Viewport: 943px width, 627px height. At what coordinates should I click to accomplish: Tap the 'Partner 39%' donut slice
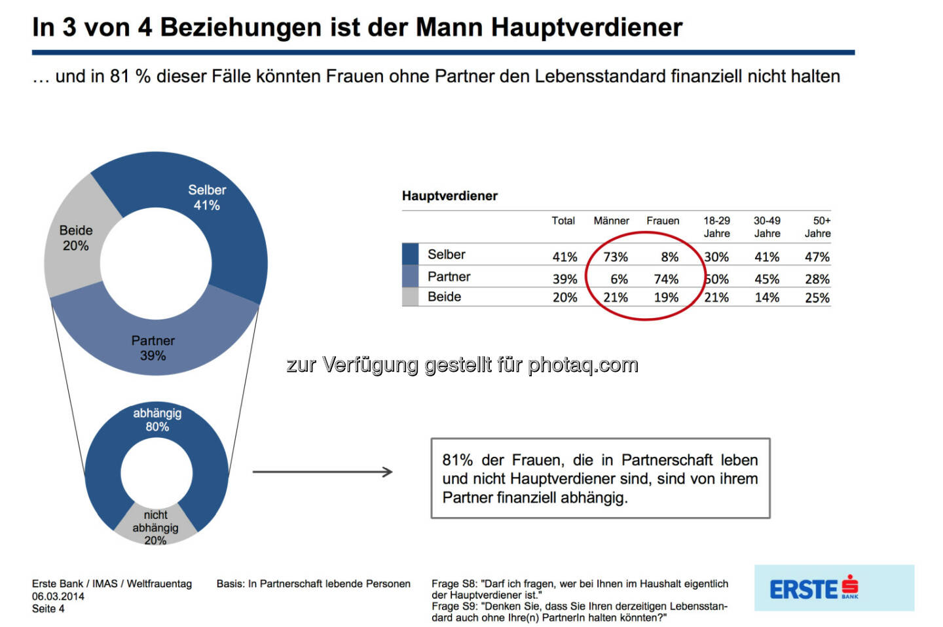153,348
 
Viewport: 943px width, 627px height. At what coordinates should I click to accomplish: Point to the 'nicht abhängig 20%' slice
155,528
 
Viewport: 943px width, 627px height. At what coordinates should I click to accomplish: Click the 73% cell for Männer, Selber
616,257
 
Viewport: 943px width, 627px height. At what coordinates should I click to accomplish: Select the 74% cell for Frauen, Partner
666,279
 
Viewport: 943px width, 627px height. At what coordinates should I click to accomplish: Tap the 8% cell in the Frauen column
669,257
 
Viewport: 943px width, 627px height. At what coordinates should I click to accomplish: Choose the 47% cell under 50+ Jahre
817,257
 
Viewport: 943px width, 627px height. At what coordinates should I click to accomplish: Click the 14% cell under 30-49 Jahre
767,298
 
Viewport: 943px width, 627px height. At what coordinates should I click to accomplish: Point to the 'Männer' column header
611,221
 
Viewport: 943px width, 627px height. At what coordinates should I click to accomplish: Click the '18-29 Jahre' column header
716,227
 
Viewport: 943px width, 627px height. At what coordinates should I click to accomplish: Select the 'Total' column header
563,221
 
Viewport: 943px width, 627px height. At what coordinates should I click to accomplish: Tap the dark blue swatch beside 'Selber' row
410,254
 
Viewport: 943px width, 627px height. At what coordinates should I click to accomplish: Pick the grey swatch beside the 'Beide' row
410,297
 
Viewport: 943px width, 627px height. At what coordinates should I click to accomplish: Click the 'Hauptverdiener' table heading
450,196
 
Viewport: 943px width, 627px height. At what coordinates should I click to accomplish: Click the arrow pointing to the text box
322,472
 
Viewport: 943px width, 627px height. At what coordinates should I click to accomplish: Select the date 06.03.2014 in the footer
58,596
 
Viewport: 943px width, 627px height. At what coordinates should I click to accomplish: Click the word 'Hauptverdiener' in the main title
587,27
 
